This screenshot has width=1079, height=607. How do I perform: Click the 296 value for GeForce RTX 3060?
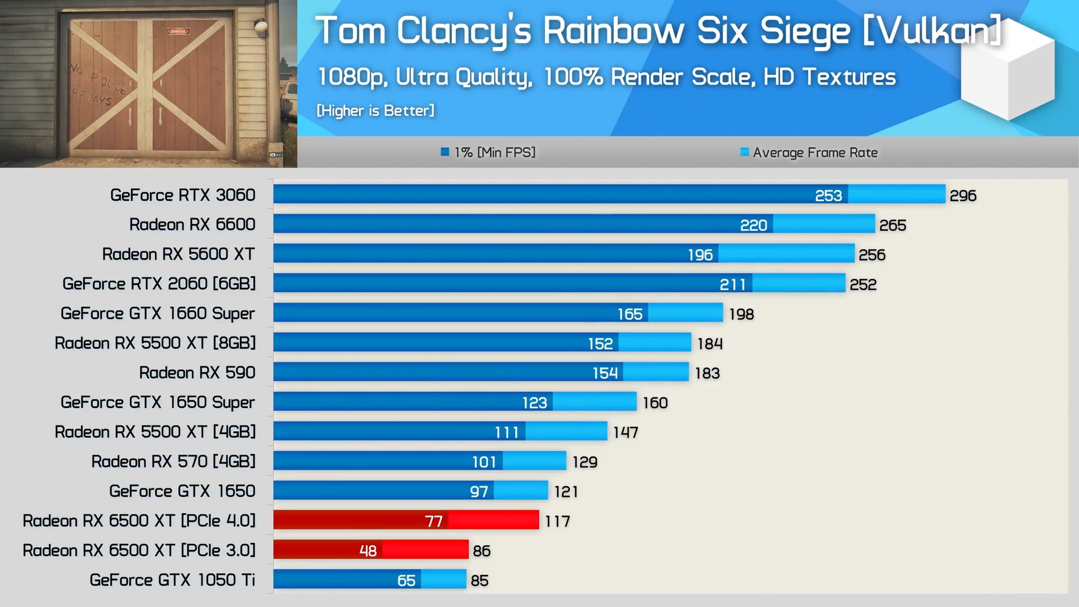(963, 196)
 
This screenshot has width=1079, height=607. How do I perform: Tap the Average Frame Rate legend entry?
(809, 152)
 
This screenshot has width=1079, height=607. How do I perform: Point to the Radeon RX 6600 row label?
(192, 224)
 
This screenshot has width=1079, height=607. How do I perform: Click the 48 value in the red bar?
(368, 551)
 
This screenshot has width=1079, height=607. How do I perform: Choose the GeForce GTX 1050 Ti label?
(172, 579)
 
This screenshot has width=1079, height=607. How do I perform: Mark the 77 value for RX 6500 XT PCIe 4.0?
(434, 522)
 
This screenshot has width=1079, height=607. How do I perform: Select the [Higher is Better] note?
(375, 111)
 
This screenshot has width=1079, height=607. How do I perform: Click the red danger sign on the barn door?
(178, 31)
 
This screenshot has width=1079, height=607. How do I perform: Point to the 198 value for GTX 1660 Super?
(741, 314)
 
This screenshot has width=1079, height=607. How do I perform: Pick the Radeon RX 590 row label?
(197, 373)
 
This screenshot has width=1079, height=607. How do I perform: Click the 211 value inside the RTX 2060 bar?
(733, 284)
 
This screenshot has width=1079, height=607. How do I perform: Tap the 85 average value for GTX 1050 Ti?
(479, 581)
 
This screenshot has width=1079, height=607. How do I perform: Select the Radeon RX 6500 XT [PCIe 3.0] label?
(139, 550)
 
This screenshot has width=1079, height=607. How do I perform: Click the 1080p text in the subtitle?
(353, 77)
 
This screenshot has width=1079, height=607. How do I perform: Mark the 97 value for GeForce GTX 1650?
(479, 492)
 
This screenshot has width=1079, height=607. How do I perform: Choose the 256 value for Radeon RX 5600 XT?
(872, 255)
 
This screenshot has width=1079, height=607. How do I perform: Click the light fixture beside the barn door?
(260, 26)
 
